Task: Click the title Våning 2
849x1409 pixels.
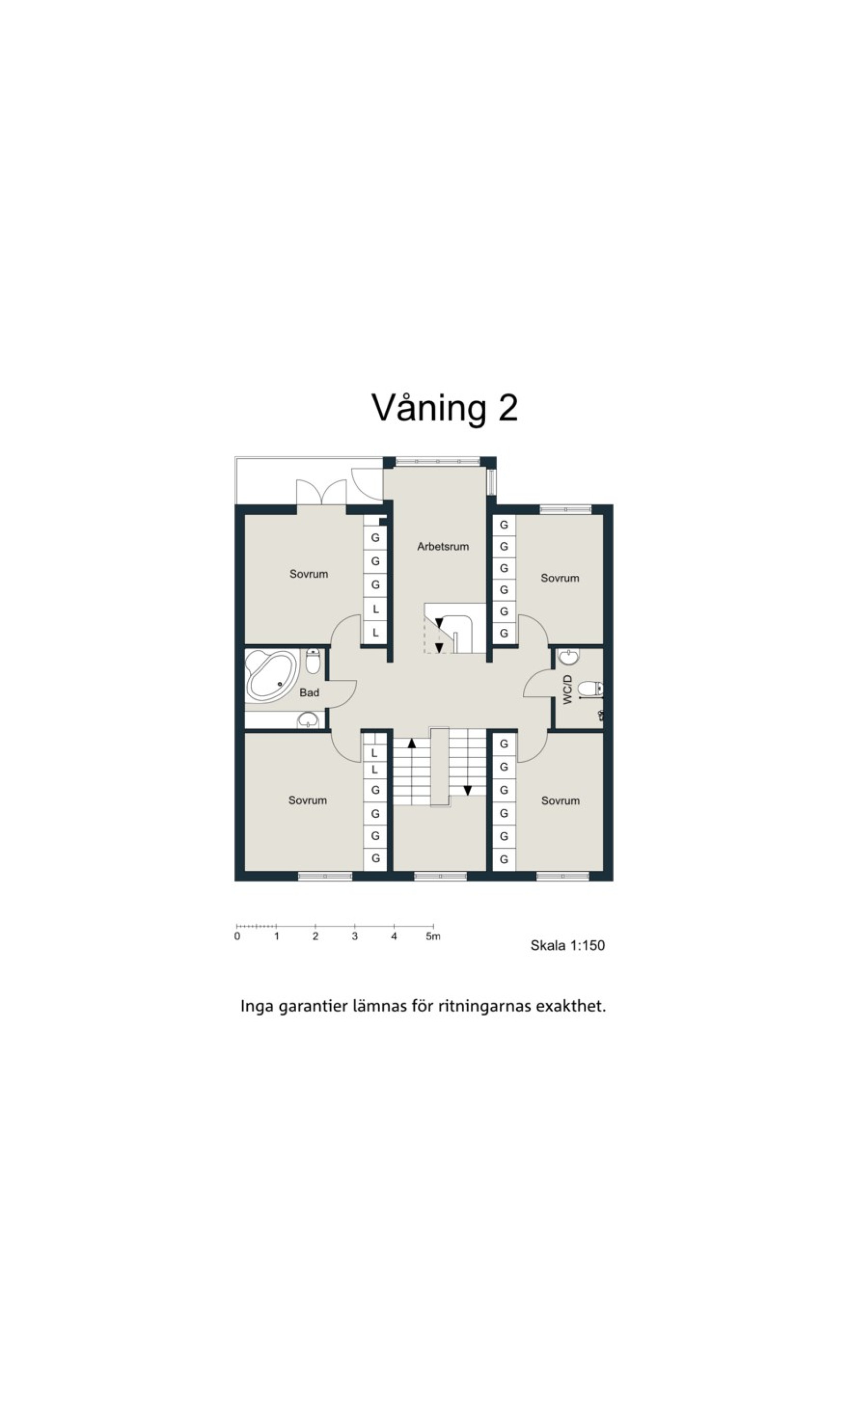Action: point(445,408)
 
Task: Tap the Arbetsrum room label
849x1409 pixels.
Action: point(443,547)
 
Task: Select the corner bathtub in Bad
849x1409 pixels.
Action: point(271,675)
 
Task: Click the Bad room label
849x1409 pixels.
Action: point(309,693)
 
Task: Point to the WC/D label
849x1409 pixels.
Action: point(568,689)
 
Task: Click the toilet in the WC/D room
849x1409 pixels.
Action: point(590,689)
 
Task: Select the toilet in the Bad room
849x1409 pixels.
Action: point(313,661)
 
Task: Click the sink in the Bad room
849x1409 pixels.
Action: point(309,720)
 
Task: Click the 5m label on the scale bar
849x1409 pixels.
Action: point(433,936)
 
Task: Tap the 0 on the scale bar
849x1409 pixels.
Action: point(237,936)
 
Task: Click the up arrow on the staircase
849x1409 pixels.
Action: point(411,744)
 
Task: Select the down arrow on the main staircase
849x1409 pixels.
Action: point(467,791)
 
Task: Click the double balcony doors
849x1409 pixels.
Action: point(321,492)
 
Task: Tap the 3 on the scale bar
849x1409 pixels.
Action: point(355,936)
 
